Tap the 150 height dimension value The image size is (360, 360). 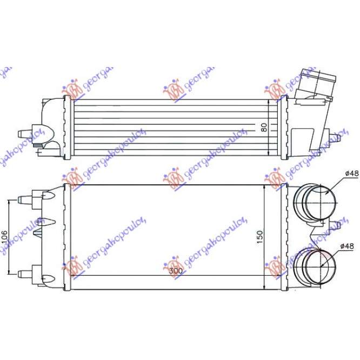click(259, 237)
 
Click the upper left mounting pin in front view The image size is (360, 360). click(24, 199)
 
